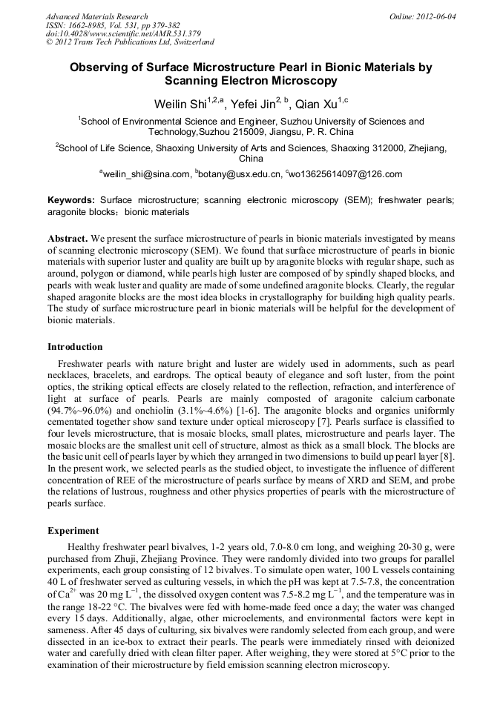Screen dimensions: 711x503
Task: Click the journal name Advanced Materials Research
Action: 96,16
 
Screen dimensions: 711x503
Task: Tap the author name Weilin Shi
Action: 178,105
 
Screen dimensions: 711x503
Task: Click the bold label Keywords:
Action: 71,200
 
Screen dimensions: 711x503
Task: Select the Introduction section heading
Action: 75,346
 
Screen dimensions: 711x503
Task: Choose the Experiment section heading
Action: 73,531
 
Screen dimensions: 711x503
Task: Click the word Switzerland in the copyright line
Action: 189,42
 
